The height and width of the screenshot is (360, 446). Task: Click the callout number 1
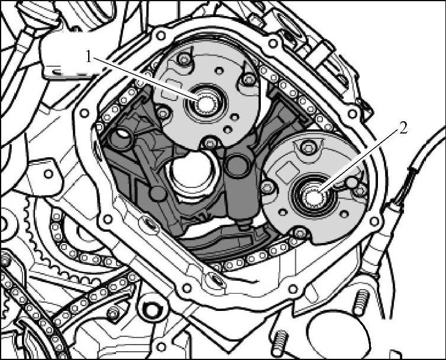point(89,57)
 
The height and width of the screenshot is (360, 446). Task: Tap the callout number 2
point(403,129)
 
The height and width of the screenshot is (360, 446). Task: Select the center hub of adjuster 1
point(205,104)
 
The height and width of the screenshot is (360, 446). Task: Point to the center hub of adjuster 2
point(314,196)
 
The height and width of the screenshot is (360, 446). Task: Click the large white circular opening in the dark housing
point(193,171)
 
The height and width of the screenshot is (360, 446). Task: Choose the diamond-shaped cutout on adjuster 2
point(288,171)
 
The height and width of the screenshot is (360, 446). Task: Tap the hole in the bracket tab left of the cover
point(49,173)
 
